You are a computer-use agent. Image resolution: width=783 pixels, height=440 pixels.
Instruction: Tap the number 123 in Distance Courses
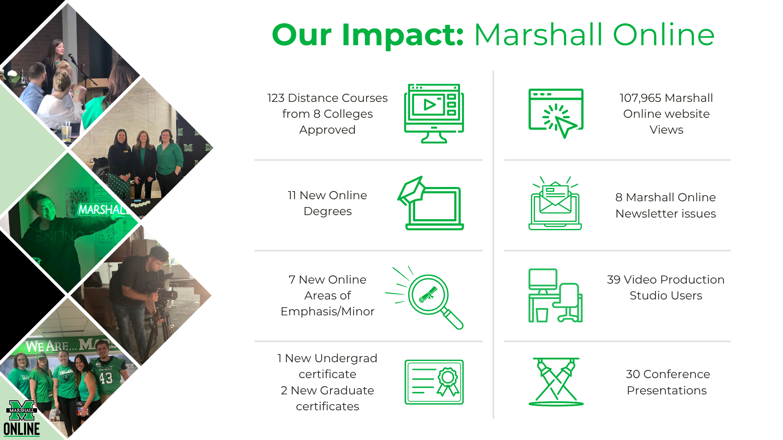[276, 98]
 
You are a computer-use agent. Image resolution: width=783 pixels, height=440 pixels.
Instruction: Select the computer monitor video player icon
[434, 113]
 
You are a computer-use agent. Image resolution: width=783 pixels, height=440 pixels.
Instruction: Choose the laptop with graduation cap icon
[431, 203]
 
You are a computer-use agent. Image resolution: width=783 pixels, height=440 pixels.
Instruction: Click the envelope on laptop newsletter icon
[555, 203]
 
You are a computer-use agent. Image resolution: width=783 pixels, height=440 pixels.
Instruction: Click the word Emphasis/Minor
[327, 311]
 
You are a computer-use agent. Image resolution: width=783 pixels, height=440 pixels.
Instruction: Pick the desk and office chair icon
[555, 295]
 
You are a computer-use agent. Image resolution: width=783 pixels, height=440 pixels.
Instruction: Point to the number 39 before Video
[614, 279]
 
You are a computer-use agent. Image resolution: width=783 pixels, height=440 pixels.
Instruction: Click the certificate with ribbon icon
[434, 382]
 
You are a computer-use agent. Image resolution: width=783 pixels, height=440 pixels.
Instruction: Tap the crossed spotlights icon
[556, 382]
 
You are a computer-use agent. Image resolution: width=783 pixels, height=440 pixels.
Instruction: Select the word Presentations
[667, 390]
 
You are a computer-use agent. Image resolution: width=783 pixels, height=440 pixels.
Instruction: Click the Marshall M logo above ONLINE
[22, 410]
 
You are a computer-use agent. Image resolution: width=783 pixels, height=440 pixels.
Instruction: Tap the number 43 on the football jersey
[106, 378]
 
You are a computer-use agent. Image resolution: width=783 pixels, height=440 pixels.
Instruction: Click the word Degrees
[327, 211]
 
